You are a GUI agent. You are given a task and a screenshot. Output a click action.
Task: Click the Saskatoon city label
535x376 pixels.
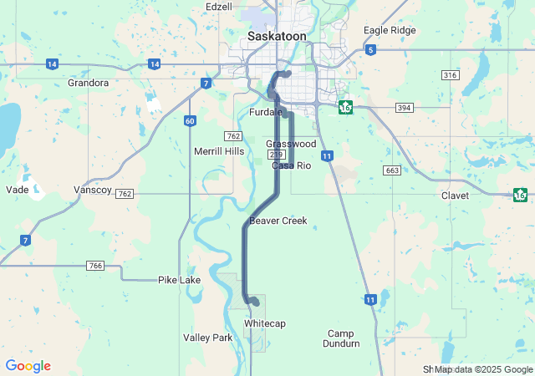click(x=277, y=37)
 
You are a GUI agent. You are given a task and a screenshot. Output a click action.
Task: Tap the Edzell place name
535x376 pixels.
click(x=219, y=7)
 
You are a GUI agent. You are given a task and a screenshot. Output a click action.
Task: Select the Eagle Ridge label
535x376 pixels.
click(x=390, y=30)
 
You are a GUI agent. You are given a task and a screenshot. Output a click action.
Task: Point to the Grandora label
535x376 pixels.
click(x=88, y=83)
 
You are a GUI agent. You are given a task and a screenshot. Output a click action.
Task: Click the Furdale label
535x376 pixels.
click(x=267, y=112)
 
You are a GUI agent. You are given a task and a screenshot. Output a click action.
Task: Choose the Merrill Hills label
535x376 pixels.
click(x=219, y=151)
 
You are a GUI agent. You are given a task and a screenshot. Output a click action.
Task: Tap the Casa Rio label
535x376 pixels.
click(x=291, y=165)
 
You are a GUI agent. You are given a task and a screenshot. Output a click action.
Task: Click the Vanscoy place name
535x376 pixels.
click(x=93, y=191)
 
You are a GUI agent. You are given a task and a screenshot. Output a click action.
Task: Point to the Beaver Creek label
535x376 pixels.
click(x=278, y=221)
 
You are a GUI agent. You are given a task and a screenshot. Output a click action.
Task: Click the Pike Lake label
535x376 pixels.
click(x=180, y=280)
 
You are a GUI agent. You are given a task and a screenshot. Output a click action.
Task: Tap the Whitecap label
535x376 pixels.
click(x=265, y=323)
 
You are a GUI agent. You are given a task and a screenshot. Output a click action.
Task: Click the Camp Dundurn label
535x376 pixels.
click(x=344, y=338)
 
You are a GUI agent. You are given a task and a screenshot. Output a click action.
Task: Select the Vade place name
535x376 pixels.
click(x=17, y=190)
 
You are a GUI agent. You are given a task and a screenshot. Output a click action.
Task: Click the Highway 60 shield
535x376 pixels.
click(x=191, y=121)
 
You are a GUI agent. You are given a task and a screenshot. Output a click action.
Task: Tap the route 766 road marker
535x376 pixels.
click(x=95, y=266)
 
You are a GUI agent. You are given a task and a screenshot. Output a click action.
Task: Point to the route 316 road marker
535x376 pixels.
click(x=451, y=75)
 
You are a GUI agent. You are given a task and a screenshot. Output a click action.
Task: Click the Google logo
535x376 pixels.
click(x=28, y=366)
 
